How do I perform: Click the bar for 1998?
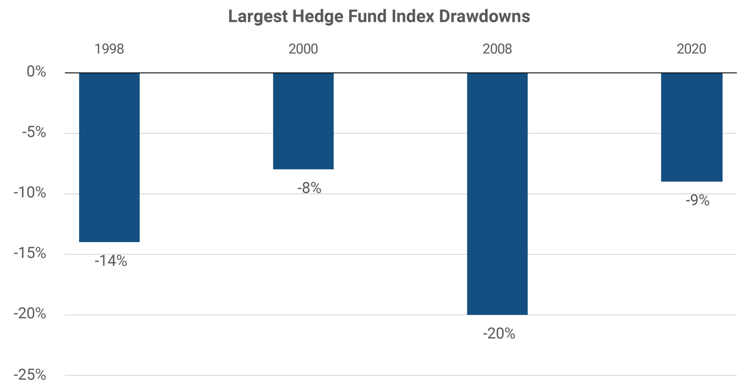[109, 157]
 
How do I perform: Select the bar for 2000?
[303, 121]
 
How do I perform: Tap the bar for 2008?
[497, 193]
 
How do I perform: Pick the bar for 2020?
[692, 127]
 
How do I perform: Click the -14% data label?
[111, 261]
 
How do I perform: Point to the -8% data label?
[309, 188]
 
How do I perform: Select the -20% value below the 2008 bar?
[499, 333]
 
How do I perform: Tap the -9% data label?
[697, 200]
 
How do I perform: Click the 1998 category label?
[109, 49]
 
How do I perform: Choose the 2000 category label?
[303, 49]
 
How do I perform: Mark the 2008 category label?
[497, 49]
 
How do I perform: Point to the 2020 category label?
[691, 49]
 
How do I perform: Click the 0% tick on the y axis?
[36, 71]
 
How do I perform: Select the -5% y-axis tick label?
[34, 132]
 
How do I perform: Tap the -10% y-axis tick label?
[30, 192]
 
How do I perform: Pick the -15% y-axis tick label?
[30, 253]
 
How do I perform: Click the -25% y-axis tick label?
[30, 375]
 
